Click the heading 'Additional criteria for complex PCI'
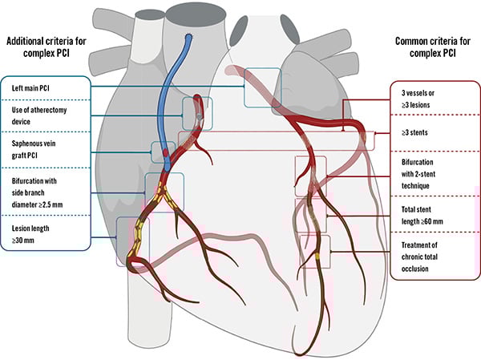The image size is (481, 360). [48, 47]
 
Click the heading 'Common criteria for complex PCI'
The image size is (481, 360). [424, 47]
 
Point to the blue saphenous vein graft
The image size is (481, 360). [171, 96]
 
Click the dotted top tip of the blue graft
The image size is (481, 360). [188, 38]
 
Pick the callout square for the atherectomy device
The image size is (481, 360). [198, 113]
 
